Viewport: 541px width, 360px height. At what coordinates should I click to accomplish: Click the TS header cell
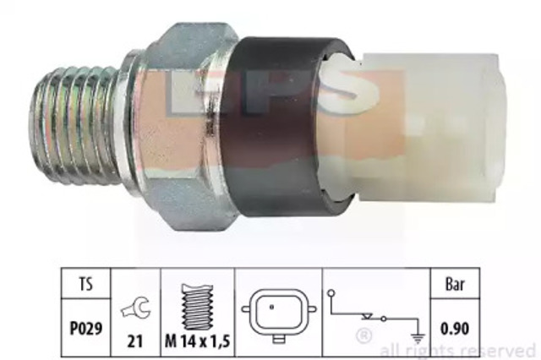tap(86, 284)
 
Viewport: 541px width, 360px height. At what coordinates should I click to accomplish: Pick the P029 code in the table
tap(86, 328)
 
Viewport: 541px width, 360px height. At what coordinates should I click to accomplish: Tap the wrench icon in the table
tap(136, 308)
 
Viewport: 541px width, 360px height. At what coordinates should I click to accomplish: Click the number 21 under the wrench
tap(135, 341)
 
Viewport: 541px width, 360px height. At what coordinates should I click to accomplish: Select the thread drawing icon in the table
tap(197, 307)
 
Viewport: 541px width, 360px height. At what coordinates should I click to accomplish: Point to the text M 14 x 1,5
tap(197, 341)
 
